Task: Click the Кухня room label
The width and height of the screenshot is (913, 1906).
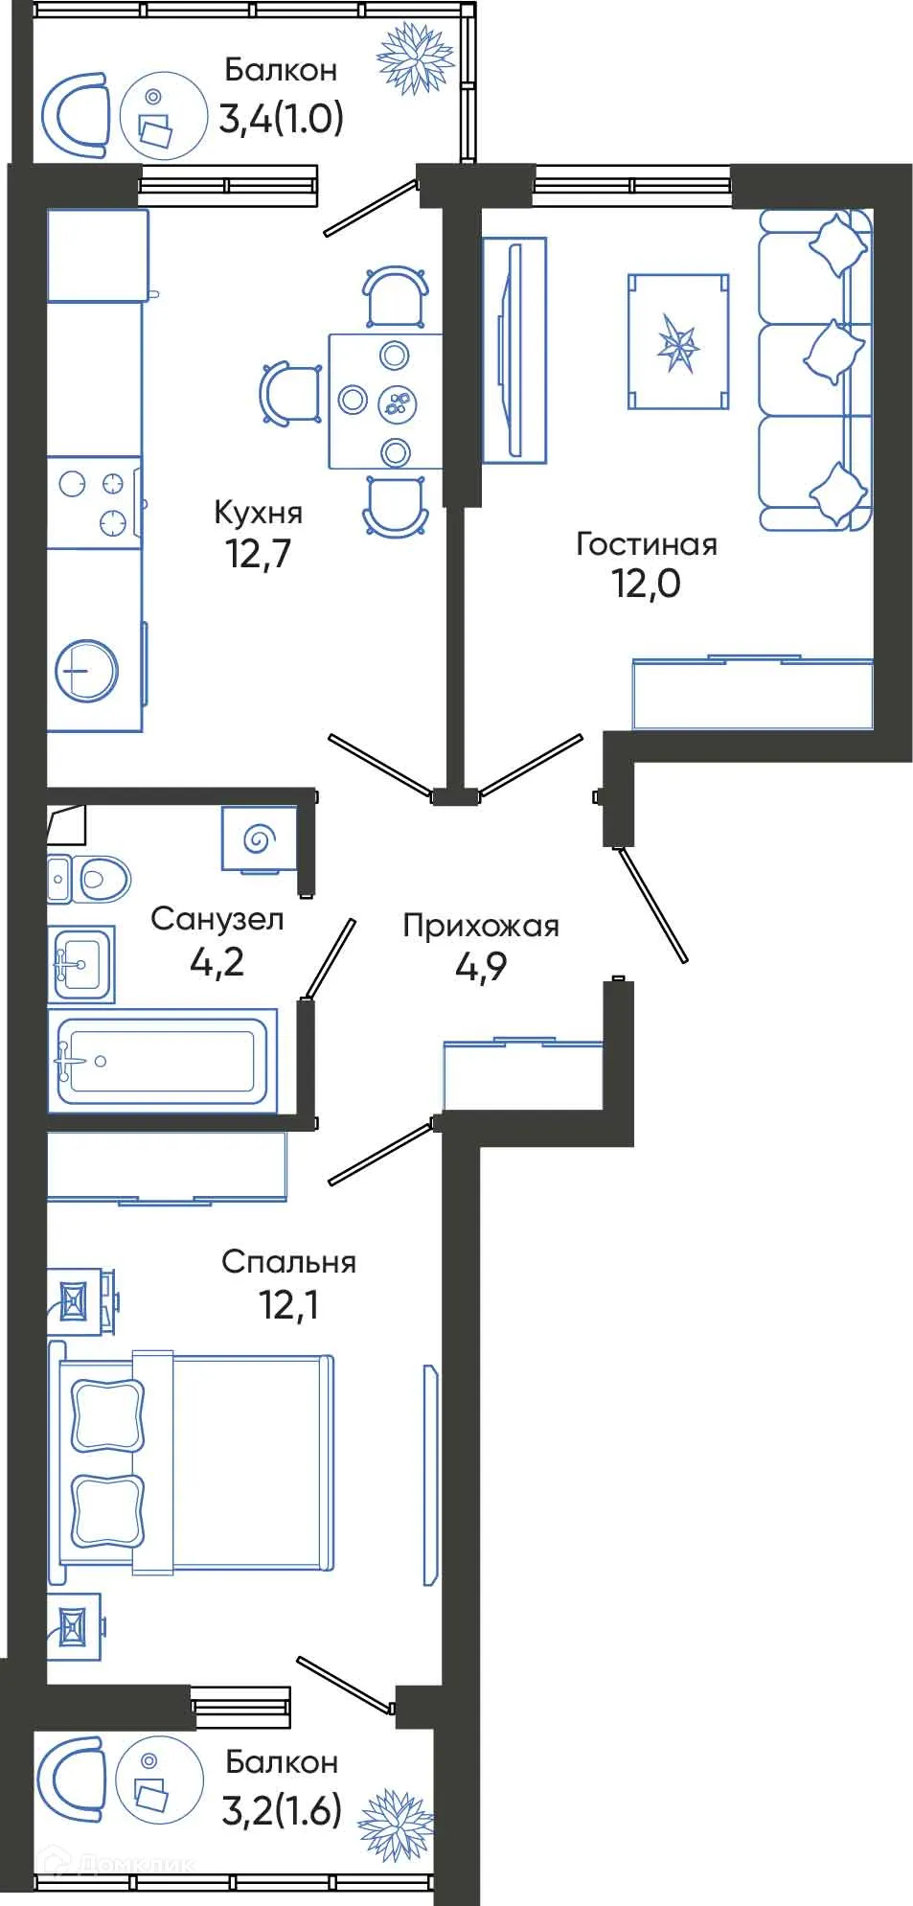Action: point(258,513)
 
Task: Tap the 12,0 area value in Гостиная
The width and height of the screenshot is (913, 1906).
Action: point(647,583)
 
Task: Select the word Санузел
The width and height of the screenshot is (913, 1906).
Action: point(217,919)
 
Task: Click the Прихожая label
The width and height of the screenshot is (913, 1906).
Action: point(480,926)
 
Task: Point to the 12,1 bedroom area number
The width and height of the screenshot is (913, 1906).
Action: point(288,1304)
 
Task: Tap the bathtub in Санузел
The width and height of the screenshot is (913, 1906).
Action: point(161,1061)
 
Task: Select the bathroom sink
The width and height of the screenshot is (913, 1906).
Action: point(81,963)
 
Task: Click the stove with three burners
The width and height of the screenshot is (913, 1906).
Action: point(93,502)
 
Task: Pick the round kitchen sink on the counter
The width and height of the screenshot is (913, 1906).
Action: point(86,670)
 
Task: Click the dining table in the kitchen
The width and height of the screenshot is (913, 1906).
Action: point(385,402)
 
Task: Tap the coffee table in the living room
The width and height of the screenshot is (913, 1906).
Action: point(678,342)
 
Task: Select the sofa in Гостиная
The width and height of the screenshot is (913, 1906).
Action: point(815,371)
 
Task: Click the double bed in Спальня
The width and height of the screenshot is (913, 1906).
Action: point(196,1461)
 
